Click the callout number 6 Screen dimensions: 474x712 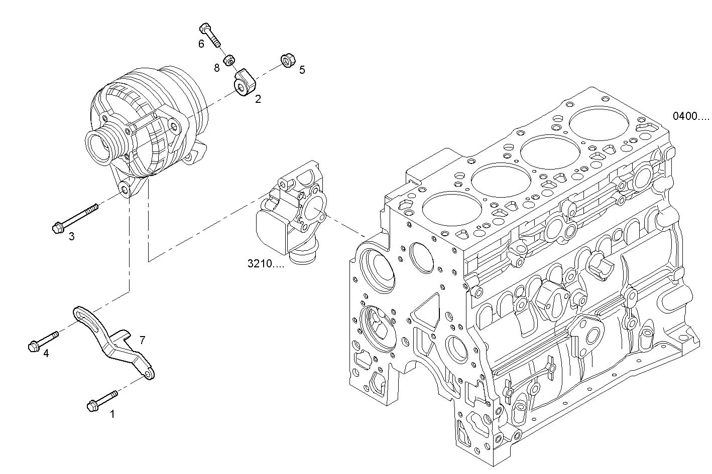pos(201,44)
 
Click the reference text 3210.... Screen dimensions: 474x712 pos(265,264)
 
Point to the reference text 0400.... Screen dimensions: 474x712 pos(691,116)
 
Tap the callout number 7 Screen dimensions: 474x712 pos(142,341)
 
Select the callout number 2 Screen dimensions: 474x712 pos(258,99)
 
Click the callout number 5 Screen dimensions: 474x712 pos(302,70)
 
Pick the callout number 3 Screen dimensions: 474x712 pos(72,236)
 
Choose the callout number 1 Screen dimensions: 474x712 pos(112,414)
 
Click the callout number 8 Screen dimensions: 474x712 pos(217,68)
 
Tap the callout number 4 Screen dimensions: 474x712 pos(46,354)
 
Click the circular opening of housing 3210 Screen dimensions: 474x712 pos(313,211)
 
